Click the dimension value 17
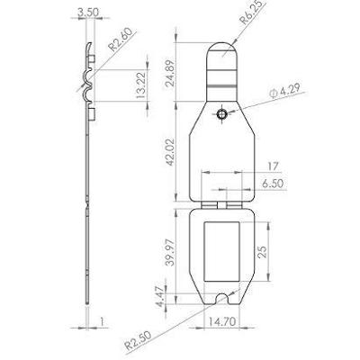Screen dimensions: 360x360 point(274,165)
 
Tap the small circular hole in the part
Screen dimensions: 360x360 point(221,115)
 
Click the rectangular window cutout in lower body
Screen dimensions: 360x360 point(221,253)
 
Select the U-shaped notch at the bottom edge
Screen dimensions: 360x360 point(222,295)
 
